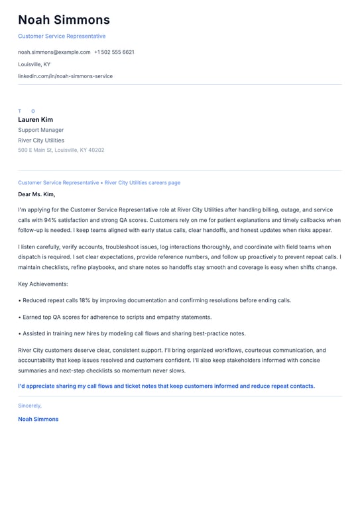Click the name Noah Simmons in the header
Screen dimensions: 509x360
[x=64, y=20]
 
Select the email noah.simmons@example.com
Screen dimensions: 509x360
[x=54, y=52]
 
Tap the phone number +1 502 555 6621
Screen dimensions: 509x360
[x=114, y=52]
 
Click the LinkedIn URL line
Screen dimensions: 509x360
[x=65, y=76]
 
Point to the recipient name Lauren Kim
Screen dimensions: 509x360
[x=35, y=120]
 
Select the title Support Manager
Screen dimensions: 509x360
[x=41, y=130]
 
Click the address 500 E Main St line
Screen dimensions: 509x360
[x=61, y=150]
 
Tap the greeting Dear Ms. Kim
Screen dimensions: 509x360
[x=36, y=194]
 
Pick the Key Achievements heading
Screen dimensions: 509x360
[x=43, y=284]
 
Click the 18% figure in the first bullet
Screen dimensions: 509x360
[x=85, y=300]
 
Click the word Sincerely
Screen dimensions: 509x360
[x=30, y=405]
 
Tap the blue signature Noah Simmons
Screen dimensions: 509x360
[x=38, y=419]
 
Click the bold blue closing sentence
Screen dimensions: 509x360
[x=166, y=386]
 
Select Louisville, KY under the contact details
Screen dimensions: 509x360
[x=34, y=64]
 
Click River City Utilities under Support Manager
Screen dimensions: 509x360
[x=41, y=141]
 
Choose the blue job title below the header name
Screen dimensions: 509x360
[x=62, y=36]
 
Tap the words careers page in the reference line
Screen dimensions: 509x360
[x=165, y=182]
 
